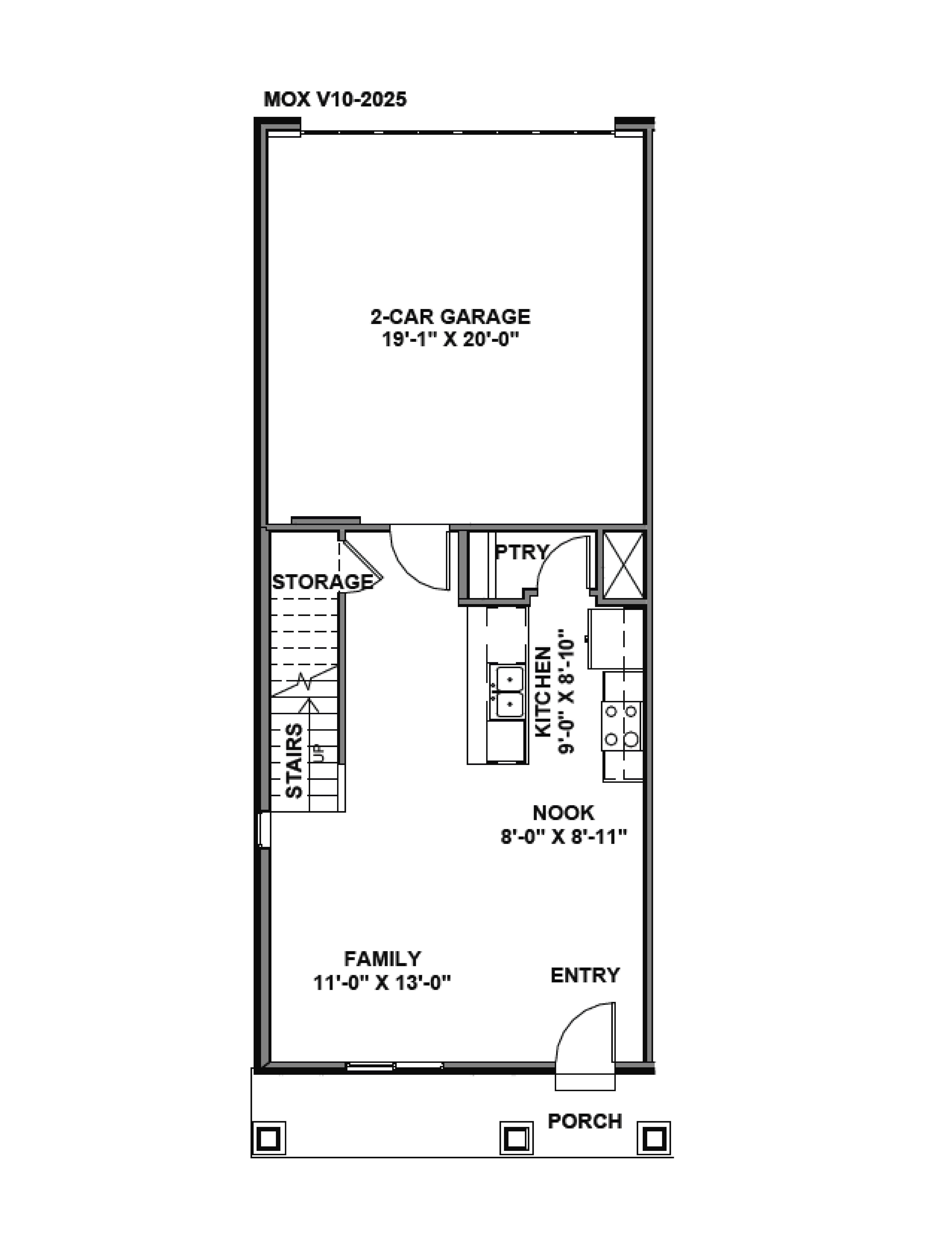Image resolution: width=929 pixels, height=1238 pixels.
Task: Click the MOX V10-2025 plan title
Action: (x=335, y=100)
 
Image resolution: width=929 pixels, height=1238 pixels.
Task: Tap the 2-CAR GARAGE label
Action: (x=450, y=317)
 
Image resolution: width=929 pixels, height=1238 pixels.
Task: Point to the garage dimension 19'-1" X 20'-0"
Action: (x=450, y=339)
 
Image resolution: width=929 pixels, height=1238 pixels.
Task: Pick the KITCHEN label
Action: (x=543, y=692)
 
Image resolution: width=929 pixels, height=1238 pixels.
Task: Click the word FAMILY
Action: (x=382, y=959)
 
